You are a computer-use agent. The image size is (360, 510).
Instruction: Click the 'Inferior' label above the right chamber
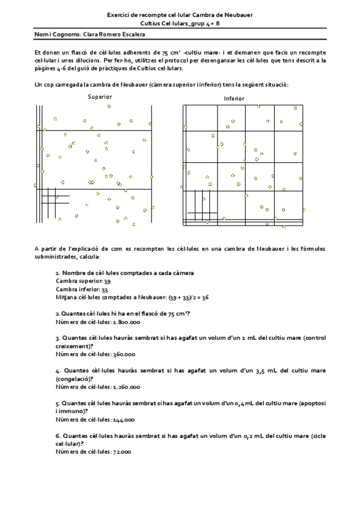click(x=234, y=98)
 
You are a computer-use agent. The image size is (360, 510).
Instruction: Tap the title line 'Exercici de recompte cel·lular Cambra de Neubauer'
click(x=180, y=14)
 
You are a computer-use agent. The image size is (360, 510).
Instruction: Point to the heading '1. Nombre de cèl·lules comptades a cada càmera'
click(x=124, y=273)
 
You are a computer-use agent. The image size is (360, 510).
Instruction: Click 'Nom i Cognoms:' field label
click(x=53, y=34)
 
